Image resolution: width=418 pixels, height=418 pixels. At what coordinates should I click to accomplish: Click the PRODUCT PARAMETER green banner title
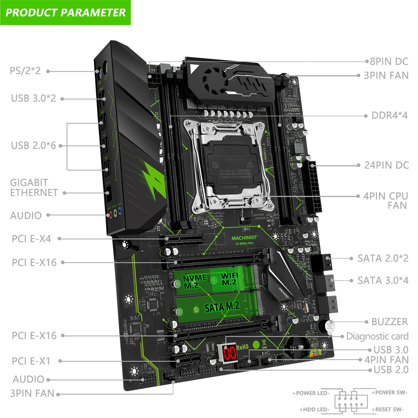click(x=65, y=13)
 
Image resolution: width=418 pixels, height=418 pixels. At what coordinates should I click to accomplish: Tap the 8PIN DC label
click(x=389, y=62)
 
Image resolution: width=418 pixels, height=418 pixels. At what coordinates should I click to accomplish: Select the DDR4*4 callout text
click(x=390, y=115)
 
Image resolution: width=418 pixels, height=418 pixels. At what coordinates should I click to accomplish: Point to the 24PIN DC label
click(x=387, y=165)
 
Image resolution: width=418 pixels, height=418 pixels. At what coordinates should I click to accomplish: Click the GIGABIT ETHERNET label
click(x=34, y=188)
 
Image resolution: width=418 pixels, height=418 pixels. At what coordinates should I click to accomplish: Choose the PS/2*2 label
click(x=25, y=71)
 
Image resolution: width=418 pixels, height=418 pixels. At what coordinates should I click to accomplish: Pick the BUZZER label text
click(x=390, y=322)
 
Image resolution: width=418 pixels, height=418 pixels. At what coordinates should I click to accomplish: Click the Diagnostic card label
click(x=377, y=336)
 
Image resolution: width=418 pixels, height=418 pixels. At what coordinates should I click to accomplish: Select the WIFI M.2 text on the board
click(x=229, y=279)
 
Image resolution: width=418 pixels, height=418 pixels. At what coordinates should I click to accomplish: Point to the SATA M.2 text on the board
click(x=222, y=307)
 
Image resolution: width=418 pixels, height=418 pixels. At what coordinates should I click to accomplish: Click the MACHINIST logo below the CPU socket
click(x=244, y=238)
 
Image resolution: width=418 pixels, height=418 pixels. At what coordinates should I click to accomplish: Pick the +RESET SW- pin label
click(x=387, y=409)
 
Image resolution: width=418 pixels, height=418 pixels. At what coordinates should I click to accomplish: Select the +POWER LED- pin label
click(x=311, y=393)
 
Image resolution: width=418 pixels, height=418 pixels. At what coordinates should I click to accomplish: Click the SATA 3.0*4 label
click(x=383, y=281)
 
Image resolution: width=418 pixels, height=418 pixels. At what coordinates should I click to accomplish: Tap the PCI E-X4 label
click(x=31, y=239)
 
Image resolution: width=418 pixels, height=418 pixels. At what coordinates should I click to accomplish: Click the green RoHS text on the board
click(x=242, y=347)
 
